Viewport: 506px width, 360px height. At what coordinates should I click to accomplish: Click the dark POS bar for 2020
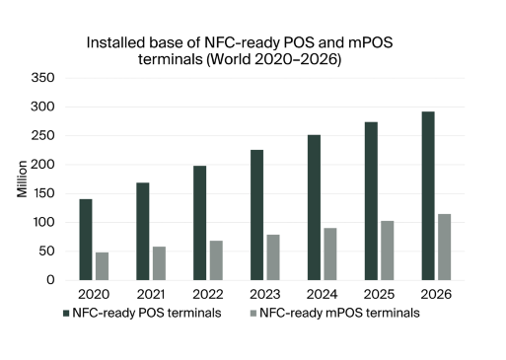86,240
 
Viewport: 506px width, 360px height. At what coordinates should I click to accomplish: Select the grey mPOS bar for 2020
102,266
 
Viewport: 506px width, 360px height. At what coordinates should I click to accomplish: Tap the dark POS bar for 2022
200,223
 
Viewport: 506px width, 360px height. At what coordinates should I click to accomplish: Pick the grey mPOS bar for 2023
273,257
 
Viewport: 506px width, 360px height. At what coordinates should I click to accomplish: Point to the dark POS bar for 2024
314,207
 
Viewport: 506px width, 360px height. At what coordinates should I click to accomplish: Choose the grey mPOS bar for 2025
388,251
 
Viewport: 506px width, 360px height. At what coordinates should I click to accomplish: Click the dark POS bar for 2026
428,196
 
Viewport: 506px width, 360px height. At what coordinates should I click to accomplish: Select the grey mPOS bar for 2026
445,248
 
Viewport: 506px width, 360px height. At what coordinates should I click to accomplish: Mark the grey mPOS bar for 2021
159,263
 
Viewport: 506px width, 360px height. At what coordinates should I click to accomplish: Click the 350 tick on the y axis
42,78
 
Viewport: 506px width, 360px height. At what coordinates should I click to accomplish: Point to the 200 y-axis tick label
42,165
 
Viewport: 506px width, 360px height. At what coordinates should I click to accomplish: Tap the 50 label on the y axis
46,252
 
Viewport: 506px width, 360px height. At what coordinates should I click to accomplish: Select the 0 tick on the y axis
50,280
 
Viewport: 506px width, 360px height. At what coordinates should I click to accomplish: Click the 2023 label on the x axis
265,294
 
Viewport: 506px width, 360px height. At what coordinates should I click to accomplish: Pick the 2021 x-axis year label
151,294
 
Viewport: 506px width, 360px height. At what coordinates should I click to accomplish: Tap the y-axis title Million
22,179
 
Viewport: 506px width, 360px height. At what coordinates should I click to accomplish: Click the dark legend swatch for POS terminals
66,314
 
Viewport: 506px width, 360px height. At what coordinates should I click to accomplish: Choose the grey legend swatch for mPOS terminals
253,314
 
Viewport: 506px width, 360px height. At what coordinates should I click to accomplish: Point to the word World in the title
231,59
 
